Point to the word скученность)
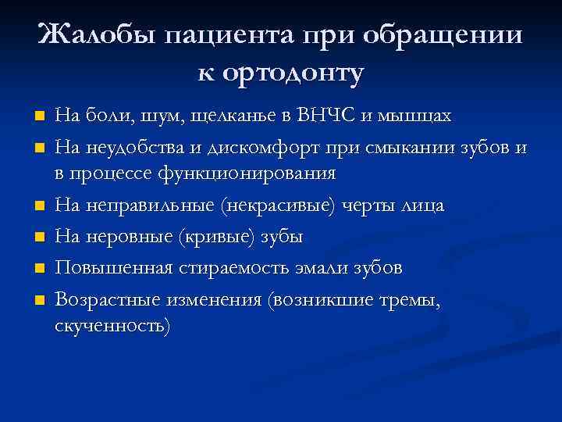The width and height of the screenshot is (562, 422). pos(112,325)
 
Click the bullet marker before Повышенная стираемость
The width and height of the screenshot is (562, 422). pos(40,268)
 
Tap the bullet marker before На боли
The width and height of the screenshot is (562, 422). pos(40,117)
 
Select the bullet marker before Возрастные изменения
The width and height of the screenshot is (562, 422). pos(40,299)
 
